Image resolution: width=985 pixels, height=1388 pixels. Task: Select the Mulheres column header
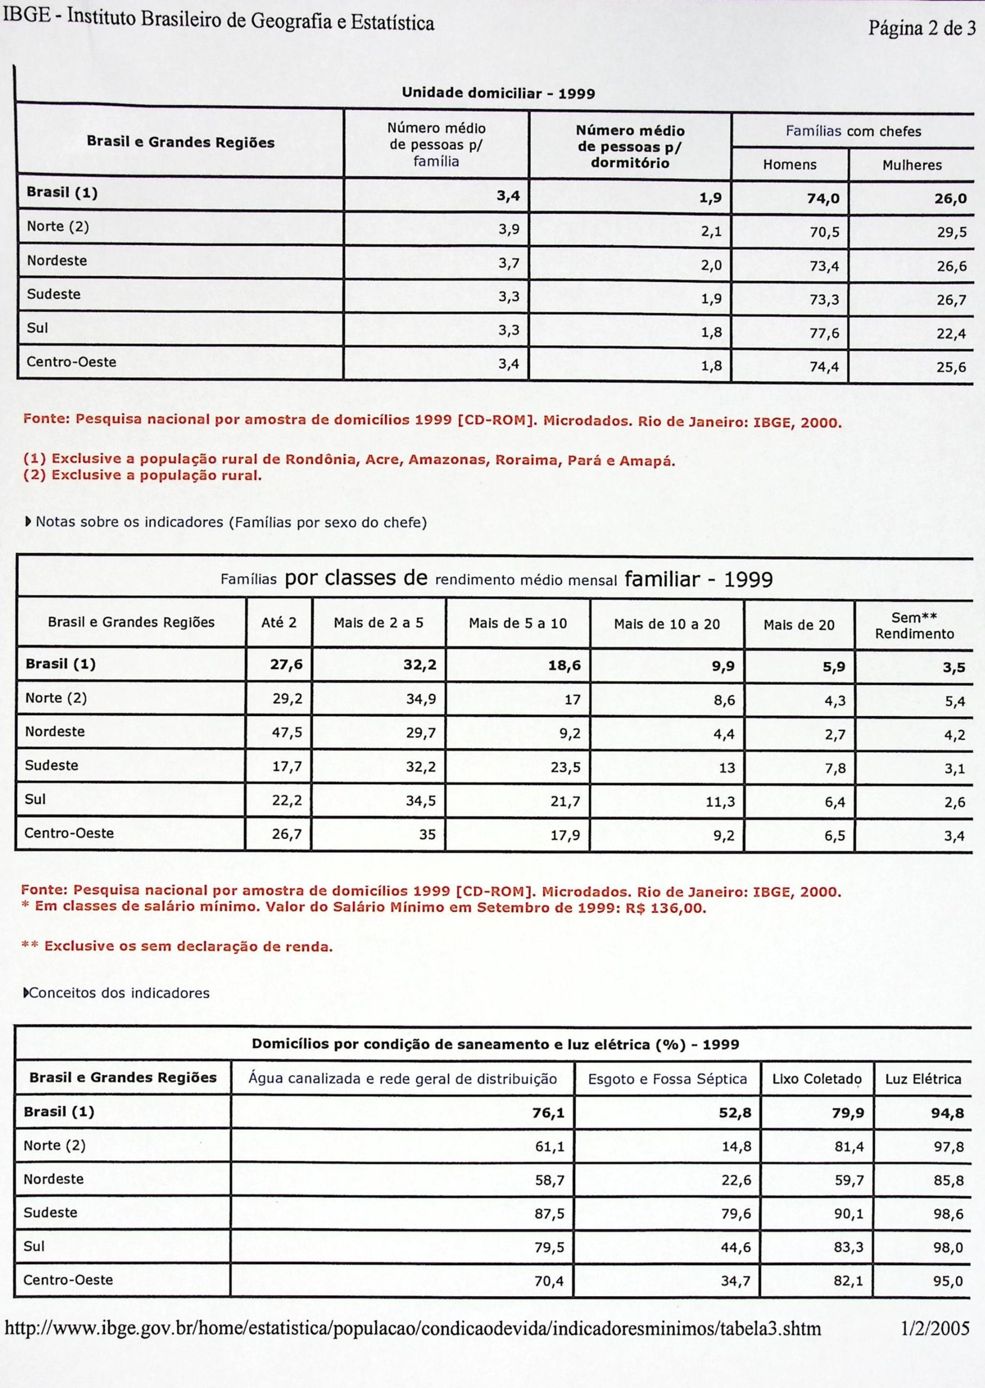[912, 165]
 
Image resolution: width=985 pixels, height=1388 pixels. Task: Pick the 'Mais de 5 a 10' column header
[517, 623]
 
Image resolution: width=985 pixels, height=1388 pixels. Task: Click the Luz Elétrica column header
[923, 1079]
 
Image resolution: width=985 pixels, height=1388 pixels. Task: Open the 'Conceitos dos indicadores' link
[119, 993]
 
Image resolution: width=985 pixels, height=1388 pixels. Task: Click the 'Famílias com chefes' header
[853, 131]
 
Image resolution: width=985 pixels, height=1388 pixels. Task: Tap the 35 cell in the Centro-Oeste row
[427, 835]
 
